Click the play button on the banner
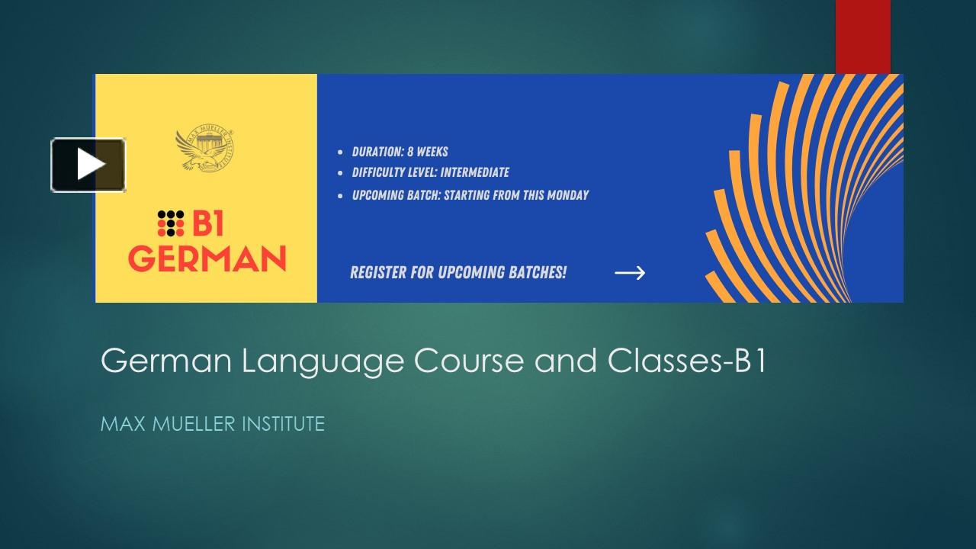(x=88, y=165)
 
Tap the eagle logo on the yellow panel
(x=204, y=149)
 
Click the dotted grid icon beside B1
(x=171, y=222)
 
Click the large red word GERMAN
(x=207, y=258)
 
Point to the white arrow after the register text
(x=630, y=273)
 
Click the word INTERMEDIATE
(x=474, y=172)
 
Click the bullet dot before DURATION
(x=340, y=152)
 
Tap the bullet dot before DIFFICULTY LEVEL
(x=340, y=173)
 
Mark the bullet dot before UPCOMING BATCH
(x=340, y=196)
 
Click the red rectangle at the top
(x=862, y=36)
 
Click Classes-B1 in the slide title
(x=686, y=361)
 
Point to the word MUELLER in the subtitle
(x=194, y=424)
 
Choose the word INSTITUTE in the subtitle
(x=283, y=424)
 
